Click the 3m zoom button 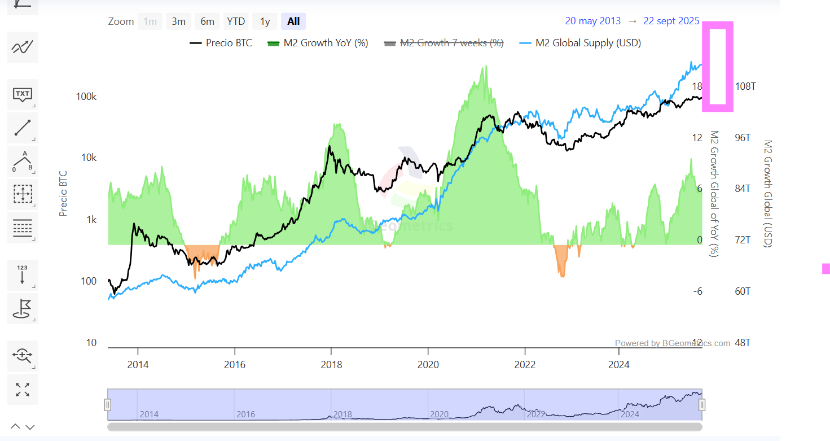[x=178, y=21]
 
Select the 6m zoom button [x=207, y=21]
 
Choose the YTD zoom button [x=236, y=21]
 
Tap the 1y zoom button [x=265, y=21]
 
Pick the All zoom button [x=293, y=21]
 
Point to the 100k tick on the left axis [x=86, y=97]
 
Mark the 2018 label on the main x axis [x=331, y=365]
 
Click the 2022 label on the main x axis [x=525, y=365]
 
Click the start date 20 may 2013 [x=592, y=21]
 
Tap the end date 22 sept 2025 [x=671, y=21]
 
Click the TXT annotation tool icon [x=23, y=94]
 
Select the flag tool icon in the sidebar [x=23, y=308]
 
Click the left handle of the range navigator [x=108, y=404]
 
